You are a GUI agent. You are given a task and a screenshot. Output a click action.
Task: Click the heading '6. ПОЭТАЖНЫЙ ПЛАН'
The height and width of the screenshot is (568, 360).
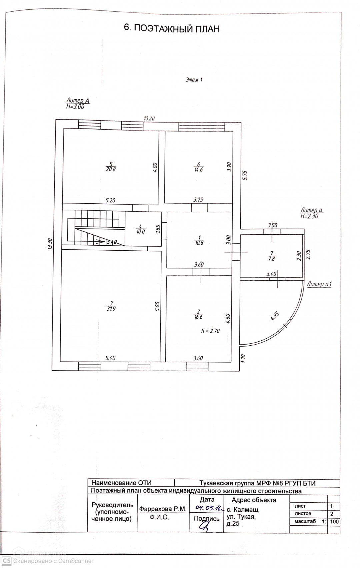point(172,28)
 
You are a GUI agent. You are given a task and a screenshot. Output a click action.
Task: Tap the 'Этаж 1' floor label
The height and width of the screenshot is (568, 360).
point(194,80)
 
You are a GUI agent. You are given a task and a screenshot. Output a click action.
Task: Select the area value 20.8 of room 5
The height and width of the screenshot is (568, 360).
point(111,169)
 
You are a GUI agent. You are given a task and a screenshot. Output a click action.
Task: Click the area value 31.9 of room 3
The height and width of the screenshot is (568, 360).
point(111,309)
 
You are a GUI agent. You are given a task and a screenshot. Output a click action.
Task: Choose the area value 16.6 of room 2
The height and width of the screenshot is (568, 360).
point(198,317)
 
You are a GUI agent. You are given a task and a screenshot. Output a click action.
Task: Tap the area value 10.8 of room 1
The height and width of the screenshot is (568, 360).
point(199,243)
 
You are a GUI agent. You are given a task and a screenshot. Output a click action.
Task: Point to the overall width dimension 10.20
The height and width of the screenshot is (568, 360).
point(149,118)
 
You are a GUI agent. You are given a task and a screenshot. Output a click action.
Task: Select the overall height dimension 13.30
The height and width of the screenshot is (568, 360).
point(50,243)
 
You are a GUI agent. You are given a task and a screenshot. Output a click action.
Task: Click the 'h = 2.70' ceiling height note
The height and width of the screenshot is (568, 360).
point(210,331)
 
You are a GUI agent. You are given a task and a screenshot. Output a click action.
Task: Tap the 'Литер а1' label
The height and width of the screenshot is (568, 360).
point(319,284)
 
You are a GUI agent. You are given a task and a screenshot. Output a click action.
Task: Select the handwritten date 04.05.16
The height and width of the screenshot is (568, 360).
point(209,508)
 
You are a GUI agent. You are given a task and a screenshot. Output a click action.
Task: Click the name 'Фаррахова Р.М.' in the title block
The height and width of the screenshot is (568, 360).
point(163,509)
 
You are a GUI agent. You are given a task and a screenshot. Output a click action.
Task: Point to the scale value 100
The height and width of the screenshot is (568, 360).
point(334,522)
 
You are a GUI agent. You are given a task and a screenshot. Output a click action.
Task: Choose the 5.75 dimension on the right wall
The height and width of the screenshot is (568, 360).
point(245,175)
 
